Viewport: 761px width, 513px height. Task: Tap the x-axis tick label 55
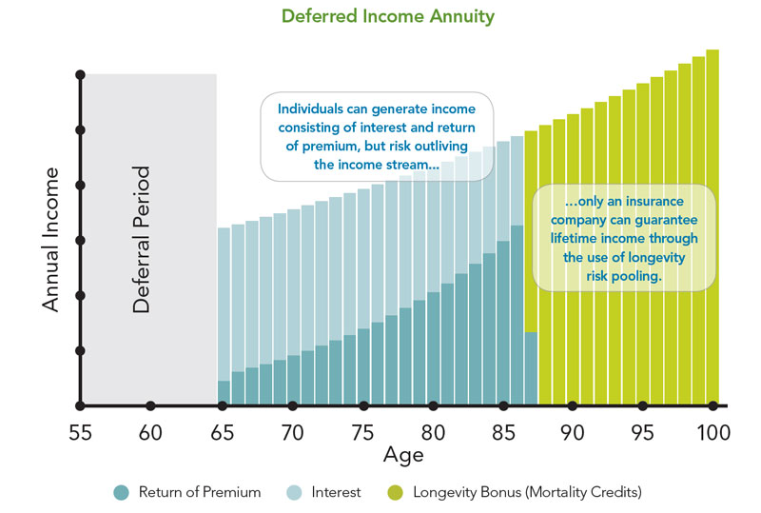pos(80,433)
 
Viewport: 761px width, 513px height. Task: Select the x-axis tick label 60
pos(150,433)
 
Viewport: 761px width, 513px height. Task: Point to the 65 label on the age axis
pos(222,433)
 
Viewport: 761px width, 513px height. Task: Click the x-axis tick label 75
pos(362,433)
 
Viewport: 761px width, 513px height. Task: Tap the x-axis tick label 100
pos(712,433)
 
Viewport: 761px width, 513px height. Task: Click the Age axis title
pos(403,455)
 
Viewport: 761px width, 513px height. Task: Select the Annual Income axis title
pos(50,240)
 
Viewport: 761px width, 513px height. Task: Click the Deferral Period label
pos(142,240)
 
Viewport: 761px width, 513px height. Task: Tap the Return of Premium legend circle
pos(122,492)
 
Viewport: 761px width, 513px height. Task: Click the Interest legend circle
pos(296,492)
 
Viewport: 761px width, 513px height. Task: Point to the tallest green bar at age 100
pos(712,228)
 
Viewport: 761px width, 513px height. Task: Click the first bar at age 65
pos(224,314)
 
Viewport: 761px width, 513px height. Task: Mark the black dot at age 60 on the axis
pos(150,406)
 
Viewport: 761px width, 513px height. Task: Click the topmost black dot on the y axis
pos(81,74)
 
